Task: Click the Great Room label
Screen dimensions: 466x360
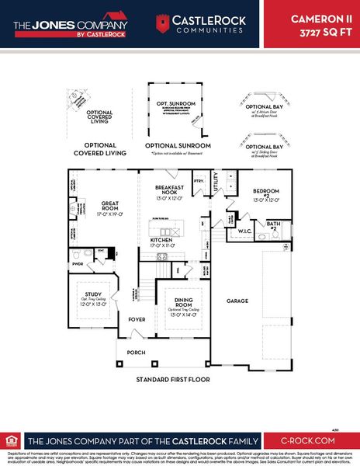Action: [x=109, y=206]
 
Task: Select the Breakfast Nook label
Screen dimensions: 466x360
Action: [x=168, y=190]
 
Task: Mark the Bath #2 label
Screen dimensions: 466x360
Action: [x=272, y=224]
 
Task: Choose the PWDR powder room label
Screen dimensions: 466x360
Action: [x=77, y=263]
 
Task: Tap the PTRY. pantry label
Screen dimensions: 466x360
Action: [x=199, y=180]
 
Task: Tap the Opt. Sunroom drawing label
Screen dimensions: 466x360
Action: [x=173, y=103]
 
